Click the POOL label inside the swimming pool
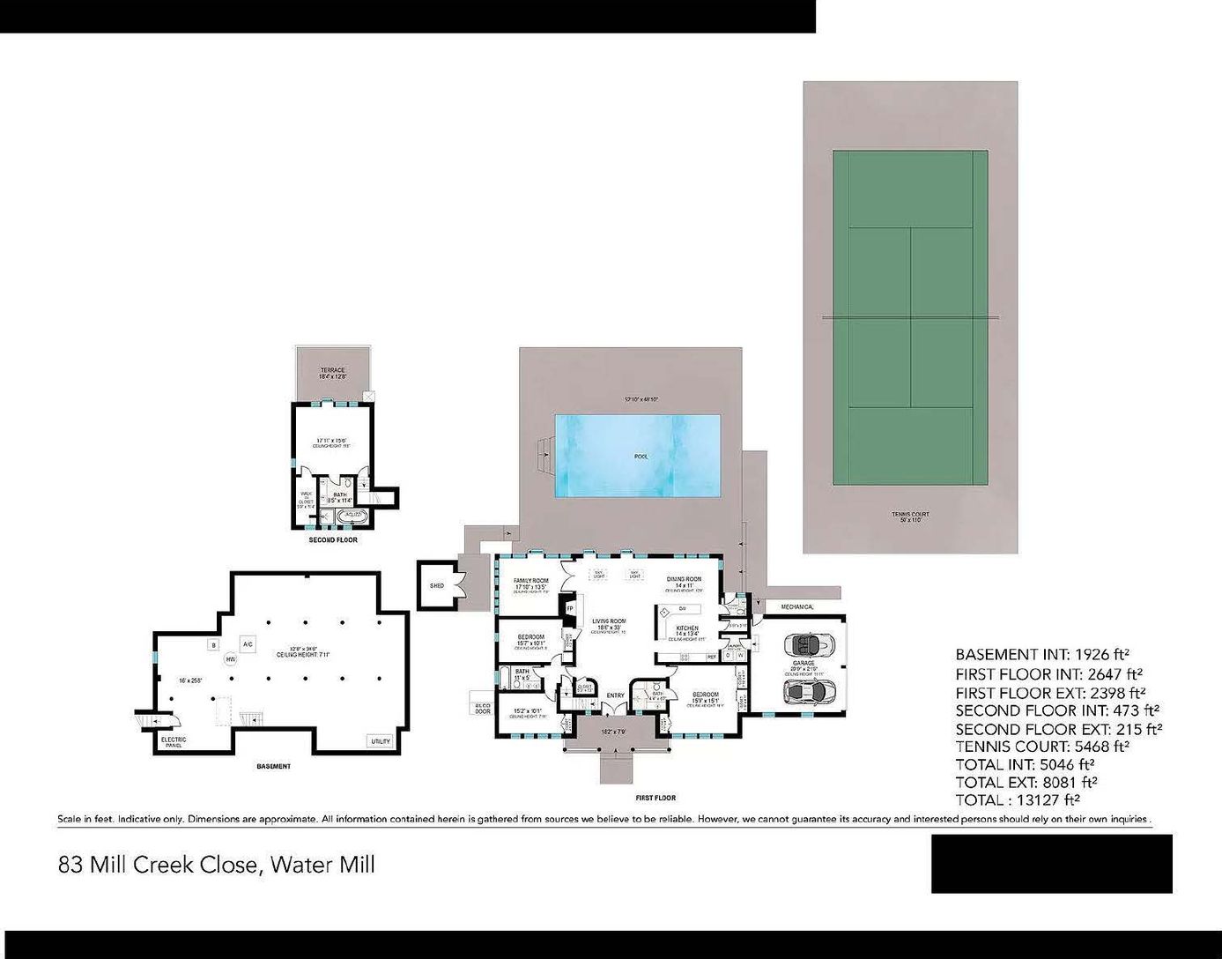pos(641,457)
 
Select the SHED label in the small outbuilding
pos(437,585)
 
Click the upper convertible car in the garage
pos(809,644)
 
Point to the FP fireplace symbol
pos(569,608)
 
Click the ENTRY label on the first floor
pos(615,695)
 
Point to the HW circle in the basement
pos(231,658)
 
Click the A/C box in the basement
pos(248,643)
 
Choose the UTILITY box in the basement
pos(381,741)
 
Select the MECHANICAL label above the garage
pos(797,607)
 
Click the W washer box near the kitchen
pos(741,655)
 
